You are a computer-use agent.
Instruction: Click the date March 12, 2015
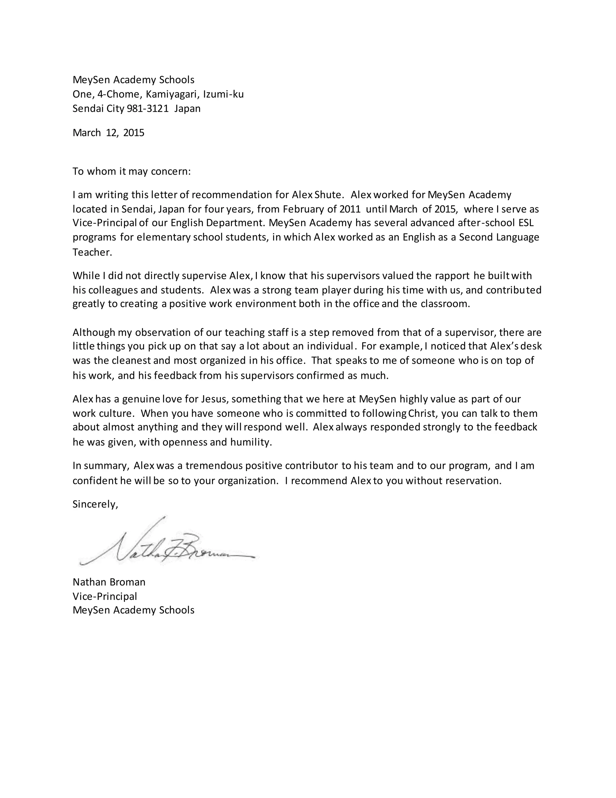[108, 132]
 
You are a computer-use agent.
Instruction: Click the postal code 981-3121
[147, 108]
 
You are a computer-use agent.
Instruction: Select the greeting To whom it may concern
[131, 171]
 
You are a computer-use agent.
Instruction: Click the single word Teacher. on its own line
[92, 252]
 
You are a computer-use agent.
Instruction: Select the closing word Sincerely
[95, 504]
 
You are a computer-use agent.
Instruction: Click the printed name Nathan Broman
[109, 582]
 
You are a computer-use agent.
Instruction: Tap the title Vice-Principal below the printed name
[105, 596]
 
